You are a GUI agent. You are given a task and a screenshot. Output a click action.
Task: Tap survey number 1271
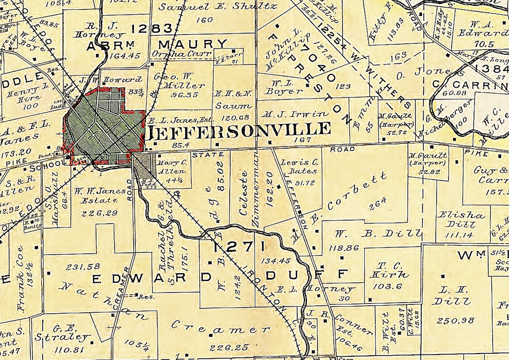(x=239, y=247)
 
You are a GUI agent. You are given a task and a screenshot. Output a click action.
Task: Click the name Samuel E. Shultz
(x=218, y=6)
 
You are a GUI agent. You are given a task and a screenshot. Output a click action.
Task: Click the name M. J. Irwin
(x=295, y=114)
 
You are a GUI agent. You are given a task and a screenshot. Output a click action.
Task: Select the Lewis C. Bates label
(x=299, y=167)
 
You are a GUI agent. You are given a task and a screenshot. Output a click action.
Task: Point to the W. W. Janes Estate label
(x=99, y=195)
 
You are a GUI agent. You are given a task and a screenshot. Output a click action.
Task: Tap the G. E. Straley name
(x=62, y=334)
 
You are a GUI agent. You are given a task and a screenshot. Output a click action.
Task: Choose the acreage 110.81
(x=69, y=349)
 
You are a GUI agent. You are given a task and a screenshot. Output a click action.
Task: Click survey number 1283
(x=152, y=29)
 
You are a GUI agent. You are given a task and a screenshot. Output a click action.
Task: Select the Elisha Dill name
(x=460, y=219)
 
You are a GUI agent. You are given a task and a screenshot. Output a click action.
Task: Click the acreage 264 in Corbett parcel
(x=378, y=203)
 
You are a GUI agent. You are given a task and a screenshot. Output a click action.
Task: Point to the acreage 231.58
(x=83, y=267)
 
